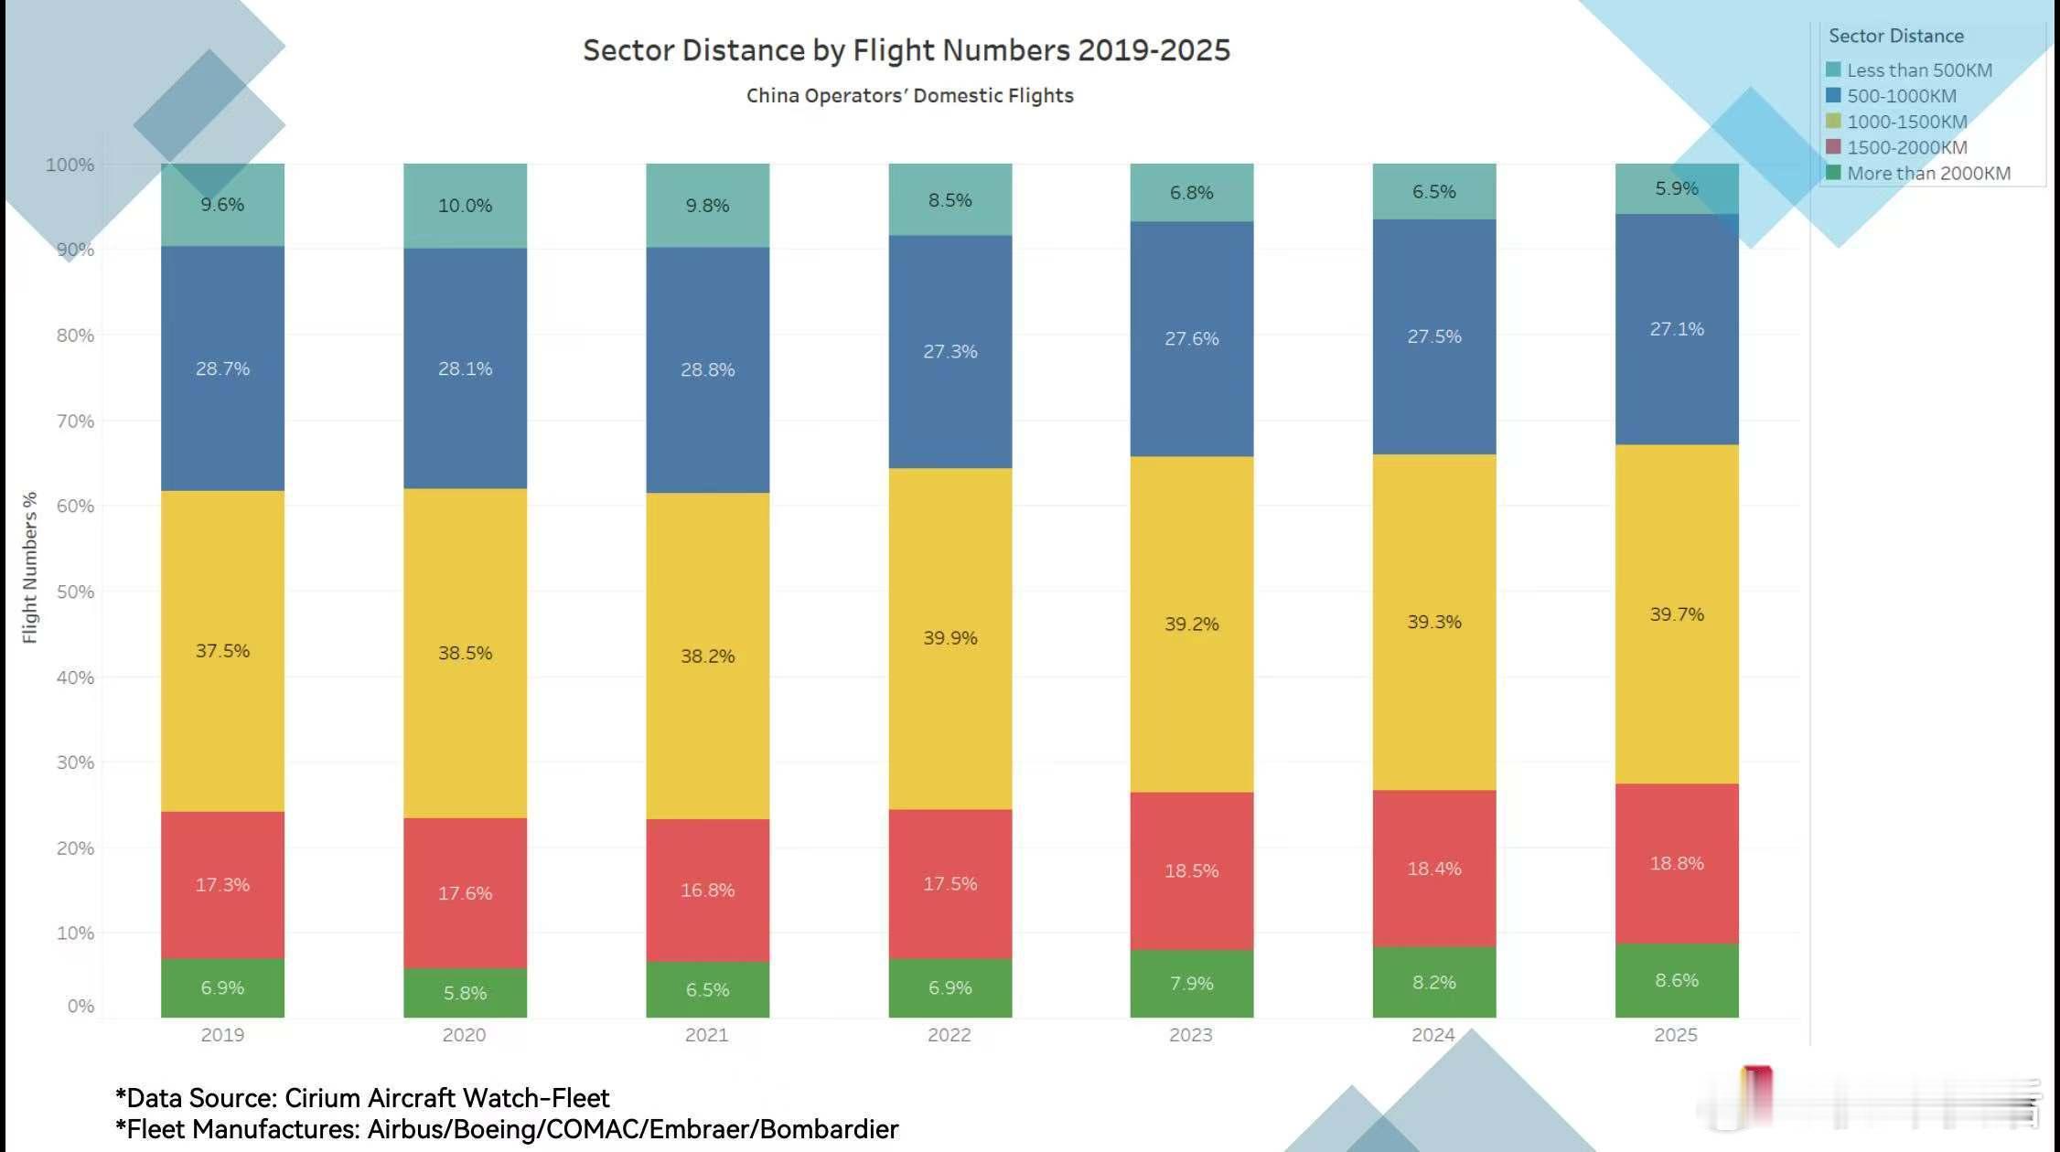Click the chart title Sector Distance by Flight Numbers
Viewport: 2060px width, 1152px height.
[906, 50]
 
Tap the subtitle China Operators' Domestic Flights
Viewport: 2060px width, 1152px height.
[909, 96]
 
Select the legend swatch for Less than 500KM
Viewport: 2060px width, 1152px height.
[1833, 70]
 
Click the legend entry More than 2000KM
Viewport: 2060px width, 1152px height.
[1927, 174]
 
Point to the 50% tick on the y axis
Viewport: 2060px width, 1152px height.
[75, 592]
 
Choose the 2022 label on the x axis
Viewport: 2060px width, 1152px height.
[949, 1035]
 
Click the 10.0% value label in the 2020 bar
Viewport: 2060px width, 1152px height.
[465, 206]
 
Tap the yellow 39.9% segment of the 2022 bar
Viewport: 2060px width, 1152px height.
[950, 638]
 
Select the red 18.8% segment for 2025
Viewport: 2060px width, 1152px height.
[1676, 863]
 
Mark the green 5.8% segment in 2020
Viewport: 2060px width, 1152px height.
[465, 993]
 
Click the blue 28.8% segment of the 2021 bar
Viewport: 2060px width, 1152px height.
[707, 369]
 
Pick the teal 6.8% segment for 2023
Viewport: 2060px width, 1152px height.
[1191, 193]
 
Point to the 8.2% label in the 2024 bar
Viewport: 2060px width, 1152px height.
[1433, 983]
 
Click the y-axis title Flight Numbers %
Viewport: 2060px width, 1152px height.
[30, 567]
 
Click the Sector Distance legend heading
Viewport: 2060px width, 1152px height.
[1895, 36]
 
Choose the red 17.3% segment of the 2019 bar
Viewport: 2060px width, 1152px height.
[222, 884]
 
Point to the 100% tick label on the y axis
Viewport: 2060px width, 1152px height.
[70, 165]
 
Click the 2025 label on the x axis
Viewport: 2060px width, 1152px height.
[1675, 1035]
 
